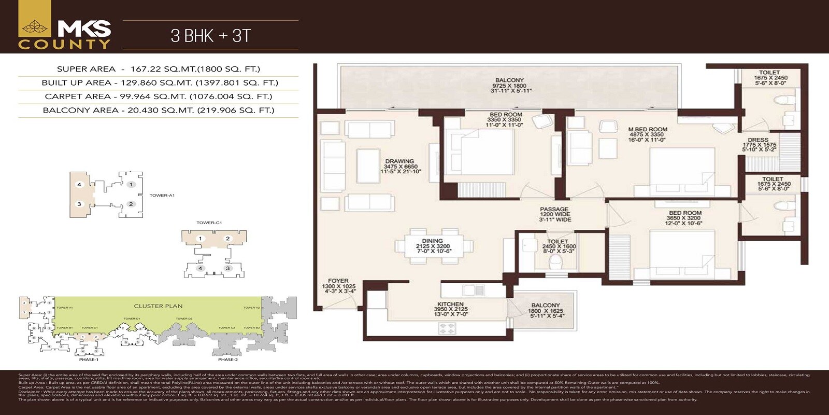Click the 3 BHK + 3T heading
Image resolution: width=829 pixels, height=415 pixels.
(210, 35)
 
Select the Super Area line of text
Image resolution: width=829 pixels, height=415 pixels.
(159, 69)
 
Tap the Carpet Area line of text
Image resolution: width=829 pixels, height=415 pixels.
(159, 96)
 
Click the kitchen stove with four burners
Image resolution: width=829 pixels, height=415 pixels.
(448, 328)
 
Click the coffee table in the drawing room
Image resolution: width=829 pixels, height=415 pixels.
(369, 165)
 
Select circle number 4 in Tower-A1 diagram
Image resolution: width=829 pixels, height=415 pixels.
(79, 185)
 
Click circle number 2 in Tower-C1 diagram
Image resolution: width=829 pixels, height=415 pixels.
(227, 239)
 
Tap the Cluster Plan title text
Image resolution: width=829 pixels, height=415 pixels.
(158, 306)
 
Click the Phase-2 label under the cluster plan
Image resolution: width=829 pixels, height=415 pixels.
(228, 359)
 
